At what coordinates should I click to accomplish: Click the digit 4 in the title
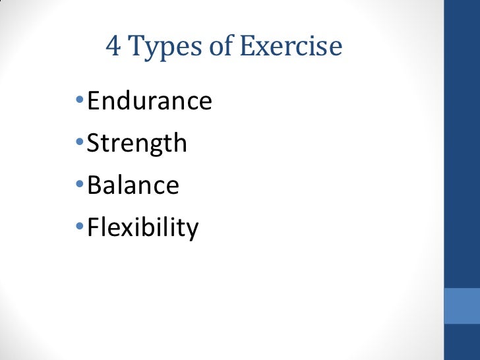(113, 47)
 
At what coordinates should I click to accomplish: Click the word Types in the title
(160, 48)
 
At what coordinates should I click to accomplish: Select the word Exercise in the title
(291, 47)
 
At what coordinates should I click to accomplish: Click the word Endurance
(150, 102)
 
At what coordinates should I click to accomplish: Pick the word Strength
(137, 144)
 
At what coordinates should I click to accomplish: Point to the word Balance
(133, 185)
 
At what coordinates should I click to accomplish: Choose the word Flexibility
(142, 228)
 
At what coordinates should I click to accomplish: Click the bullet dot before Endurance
(79, 102)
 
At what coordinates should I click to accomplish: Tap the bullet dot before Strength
(79, 144)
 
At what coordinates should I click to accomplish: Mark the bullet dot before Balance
(79, 186)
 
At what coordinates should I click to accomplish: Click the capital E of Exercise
(247, 47)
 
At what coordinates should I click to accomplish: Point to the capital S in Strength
(94, 144)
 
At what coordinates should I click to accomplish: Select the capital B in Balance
(94, 185)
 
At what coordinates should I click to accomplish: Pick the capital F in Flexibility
(94, 227)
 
